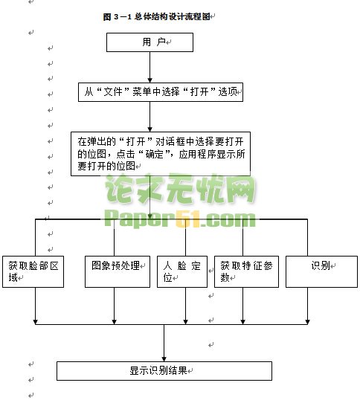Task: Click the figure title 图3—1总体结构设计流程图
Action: coord(157,17)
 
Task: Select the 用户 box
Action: coord(150,42)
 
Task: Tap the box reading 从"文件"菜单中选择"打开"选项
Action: coord(161,92)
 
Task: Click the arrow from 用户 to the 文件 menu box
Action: coord(150,67)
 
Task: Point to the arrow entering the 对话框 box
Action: coord(150,117)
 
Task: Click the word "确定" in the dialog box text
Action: coord(154,154)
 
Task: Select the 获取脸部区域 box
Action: coord(33,271)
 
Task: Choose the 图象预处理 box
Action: coord(118,271)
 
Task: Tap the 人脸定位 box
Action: coord(182,271)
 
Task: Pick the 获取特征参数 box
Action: coord(246,271)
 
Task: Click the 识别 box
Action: coord(321,271)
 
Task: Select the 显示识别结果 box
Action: coord(164,371)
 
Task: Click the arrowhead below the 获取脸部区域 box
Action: coord(36,322)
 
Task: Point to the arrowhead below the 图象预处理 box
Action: coord(115,322)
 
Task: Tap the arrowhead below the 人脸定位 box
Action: coord(186,322)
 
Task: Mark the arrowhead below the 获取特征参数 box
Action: coord(243,322)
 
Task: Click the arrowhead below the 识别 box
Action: coord(307,322)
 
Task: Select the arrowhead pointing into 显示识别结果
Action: coord(164,359)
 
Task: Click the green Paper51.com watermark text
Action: coord(180,219)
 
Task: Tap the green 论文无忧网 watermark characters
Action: coord(180,188)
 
